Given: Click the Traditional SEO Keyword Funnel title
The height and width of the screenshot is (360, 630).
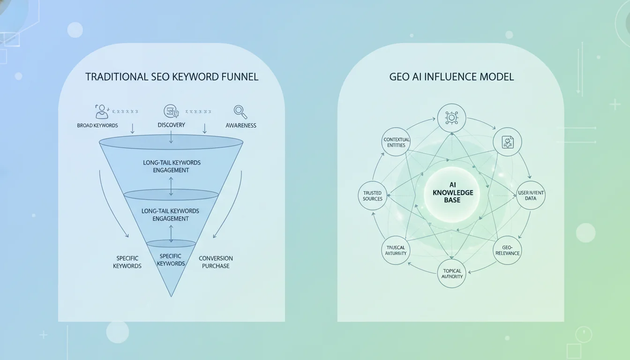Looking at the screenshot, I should tap(172, 77).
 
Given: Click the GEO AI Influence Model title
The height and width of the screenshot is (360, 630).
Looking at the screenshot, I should tap(451, 77).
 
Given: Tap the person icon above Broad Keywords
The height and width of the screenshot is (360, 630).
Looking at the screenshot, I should tap(101, 112).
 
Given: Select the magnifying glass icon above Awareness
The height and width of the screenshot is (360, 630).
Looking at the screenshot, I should tap(240, 112).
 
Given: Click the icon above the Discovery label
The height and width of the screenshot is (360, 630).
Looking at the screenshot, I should tap(171, 112).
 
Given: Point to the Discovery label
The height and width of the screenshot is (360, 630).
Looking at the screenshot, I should tap(171, 125).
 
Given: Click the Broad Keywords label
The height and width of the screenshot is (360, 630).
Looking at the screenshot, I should tap(97, 126).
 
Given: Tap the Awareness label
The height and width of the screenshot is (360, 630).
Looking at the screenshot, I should tap(240, 126).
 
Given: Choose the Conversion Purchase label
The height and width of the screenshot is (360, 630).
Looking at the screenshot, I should tap(216, 262).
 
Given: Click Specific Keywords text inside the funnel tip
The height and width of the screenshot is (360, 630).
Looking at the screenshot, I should tap(171, 260).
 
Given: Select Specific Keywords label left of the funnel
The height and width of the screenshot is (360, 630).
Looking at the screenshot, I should tap(127, 262).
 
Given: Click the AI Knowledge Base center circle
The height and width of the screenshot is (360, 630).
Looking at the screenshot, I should tap(452, 193).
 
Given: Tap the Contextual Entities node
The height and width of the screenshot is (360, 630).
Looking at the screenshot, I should tap(397, 142).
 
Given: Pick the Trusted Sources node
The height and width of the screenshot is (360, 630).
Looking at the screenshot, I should tap(373, 196).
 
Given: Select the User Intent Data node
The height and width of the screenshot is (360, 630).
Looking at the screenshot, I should tap(531, 195).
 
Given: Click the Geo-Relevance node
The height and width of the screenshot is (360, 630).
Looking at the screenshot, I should tap(508, 250).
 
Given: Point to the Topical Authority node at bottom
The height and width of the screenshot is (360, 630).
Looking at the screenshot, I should tap(452, 273).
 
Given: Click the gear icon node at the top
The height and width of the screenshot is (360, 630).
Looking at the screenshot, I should tap(451, 118).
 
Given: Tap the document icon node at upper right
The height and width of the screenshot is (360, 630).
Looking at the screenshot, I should tap(507, 142).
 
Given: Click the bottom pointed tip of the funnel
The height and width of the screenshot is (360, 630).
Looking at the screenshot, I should tap(171, 295).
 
